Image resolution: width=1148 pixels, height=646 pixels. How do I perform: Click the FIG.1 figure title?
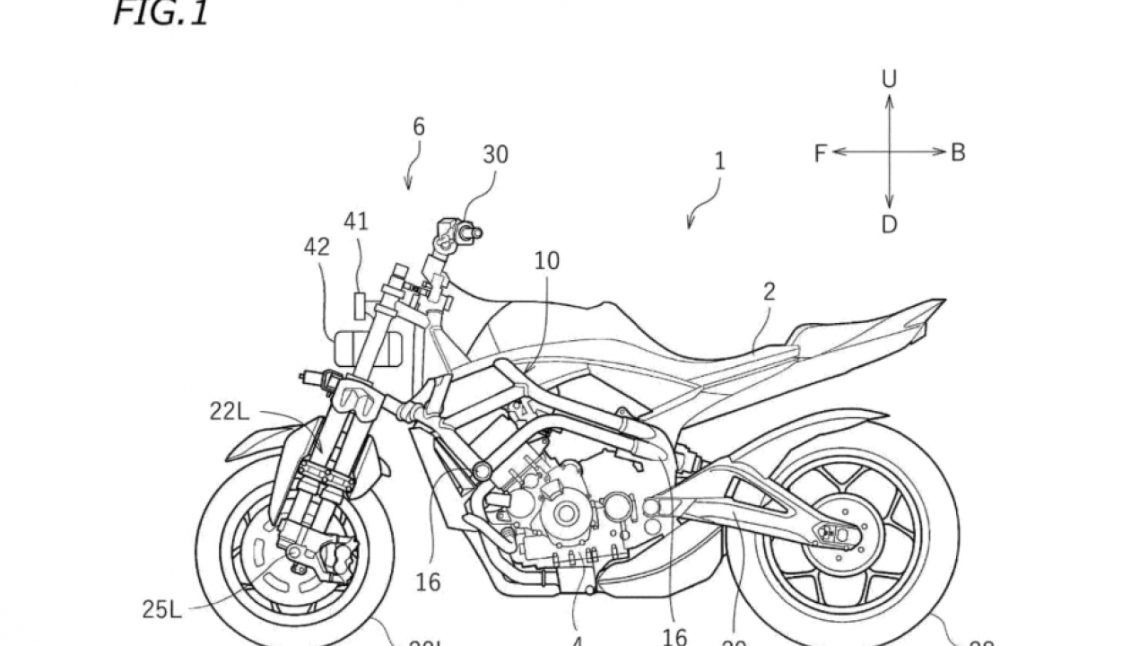[160, 14]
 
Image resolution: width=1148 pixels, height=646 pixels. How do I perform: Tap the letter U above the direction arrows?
[889, 80]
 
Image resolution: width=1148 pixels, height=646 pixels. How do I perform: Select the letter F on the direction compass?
[820, 153]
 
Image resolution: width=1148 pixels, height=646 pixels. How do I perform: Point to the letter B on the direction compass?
[958, 153]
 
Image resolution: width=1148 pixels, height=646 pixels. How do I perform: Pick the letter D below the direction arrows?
[889, 224]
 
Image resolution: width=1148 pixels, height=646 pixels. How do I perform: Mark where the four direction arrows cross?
[889, 153]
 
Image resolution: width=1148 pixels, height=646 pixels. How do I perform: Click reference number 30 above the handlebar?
[495, 155]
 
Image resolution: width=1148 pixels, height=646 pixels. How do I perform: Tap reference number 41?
[356, 221]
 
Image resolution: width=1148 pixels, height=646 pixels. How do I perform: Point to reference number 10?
[546, 260]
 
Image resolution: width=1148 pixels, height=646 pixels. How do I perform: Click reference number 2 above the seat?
[770, 292]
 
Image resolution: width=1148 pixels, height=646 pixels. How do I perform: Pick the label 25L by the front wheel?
[161, 610]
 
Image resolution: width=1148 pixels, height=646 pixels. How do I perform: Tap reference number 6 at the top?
[419, 127]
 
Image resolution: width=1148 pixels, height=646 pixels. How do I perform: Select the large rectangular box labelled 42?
[367, 348]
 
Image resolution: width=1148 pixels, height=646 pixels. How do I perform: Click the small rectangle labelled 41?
[360, 304]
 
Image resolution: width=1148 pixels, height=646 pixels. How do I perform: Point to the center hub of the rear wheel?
[839, 535]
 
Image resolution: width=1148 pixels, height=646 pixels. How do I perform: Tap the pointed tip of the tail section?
[944, 301]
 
